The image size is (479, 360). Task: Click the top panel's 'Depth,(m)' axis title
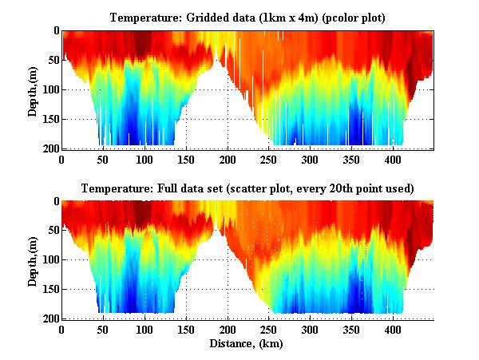(x=34, y=89)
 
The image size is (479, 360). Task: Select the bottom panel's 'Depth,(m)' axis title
(x=34, y=259)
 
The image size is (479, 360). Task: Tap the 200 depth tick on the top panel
(x=50, y=148)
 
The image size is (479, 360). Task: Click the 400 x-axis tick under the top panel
(x=329, y=158)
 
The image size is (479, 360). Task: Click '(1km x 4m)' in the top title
(x=285, y=17)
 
